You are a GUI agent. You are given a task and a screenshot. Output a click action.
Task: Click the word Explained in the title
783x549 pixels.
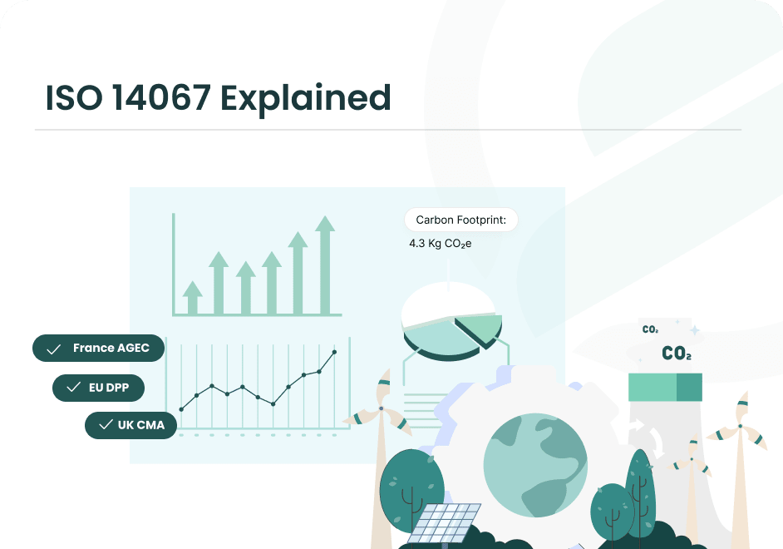pyautogui.click(x=305, y=98)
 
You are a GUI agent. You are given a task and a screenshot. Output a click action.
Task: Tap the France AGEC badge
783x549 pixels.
pyautogui.click(x=98, y=349)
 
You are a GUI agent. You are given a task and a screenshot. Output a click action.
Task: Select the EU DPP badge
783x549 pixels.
pyautogui.click(x=97, y=388)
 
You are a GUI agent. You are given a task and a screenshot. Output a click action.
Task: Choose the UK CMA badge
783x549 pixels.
pyautogui.click(x=130, y=425)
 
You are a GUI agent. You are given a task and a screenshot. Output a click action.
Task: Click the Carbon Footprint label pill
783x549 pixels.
pyautogui.click(x=460, y=220)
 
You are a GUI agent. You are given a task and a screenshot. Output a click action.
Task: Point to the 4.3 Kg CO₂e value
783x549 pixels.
pyautogui.click(x=440, y=244)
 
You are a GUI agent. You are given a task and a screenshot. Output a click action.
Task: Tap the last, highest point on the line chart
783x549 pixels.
pyautogui.click(x=334, y=352)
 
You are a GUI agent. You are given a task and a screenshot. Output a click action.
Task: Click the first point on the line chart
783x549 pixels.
pyautogui.click(x=181, y=409)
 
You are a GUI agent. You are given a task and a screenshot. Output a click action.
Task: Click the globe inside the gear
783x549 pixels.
pyautogui.click(x=535, y=467)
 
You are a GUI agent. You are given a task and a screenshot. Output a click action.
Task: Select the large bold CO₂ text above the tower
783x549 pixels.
pyautogui.click(x=676, y=354)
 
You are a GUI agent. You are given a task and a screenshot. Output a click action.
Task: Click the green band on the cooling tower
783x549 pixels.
pyautogui.click(x=665, y=387)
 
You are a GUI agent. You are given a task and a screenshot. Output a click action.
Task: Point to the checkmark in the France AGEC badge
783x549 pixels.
pyautogui.click(x=54, y=349)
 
